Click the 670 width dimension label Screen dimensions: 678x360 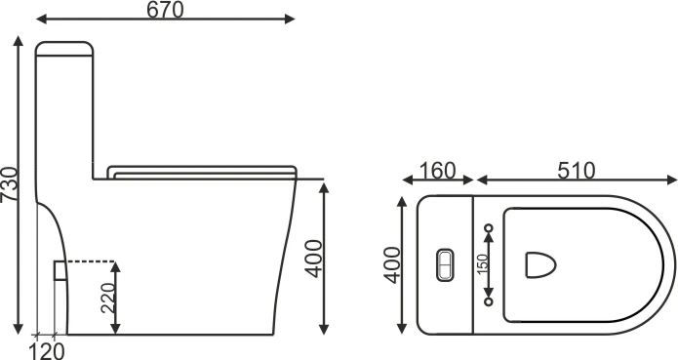(x=165, y=10)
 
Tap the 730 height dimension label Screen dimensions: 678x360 (x=10, y=183)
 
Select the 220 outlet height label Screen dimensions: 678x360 (x=107, y=299)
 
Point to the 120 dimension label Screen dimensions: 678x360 (x=47, y=350)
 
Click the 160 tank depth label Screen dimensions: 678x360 (x=438, y=171)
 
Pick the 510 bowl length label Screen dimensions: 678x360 (x=576, y=171)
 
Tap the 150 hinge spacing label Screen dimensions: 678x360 (x=483, y=264)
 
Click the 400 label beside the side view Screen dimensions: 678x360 (x=313, y=259)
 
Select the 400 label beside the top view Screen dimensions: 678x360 (x=392, y=265)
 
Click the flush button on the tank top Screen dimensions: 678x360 (x=445, y=265)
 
